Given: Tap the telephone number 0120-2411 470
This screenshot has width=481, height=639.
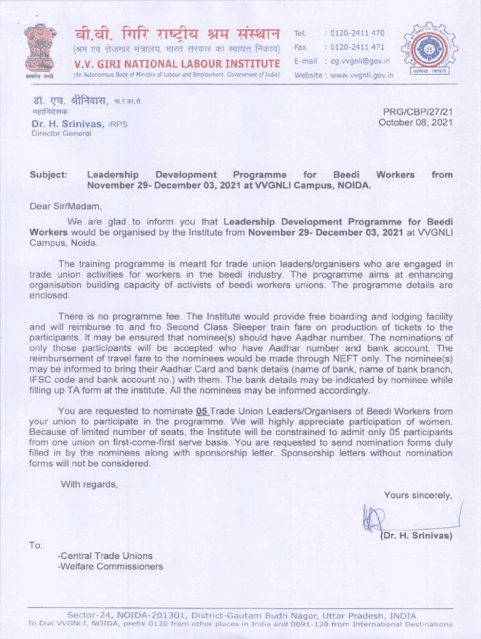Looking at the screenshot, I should click(357, 32).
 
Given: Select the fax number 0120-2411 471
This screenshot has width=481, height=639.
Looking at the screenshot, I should click(357, 47).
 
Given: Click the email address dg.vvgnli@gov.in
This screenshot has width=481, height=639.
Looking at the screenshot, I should click(360, 61).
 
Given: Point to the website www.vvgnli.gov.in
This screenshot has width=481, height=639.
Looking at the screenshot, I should click(362, 76).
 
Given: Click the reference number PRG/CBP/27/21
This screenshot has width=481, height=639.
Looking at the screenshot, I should click(418, 112).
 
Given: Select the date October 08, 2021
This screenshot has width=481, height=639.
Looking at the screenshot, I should click(415, 122).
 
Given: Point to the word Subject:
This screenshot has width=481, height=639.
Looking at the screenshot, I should click(48, 175).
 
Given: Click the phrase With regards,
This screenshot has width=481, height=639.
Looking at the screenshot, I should click(89, 484).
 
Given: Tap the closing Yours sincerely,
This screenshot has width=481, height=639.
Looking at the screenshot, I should click(418, 495).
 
